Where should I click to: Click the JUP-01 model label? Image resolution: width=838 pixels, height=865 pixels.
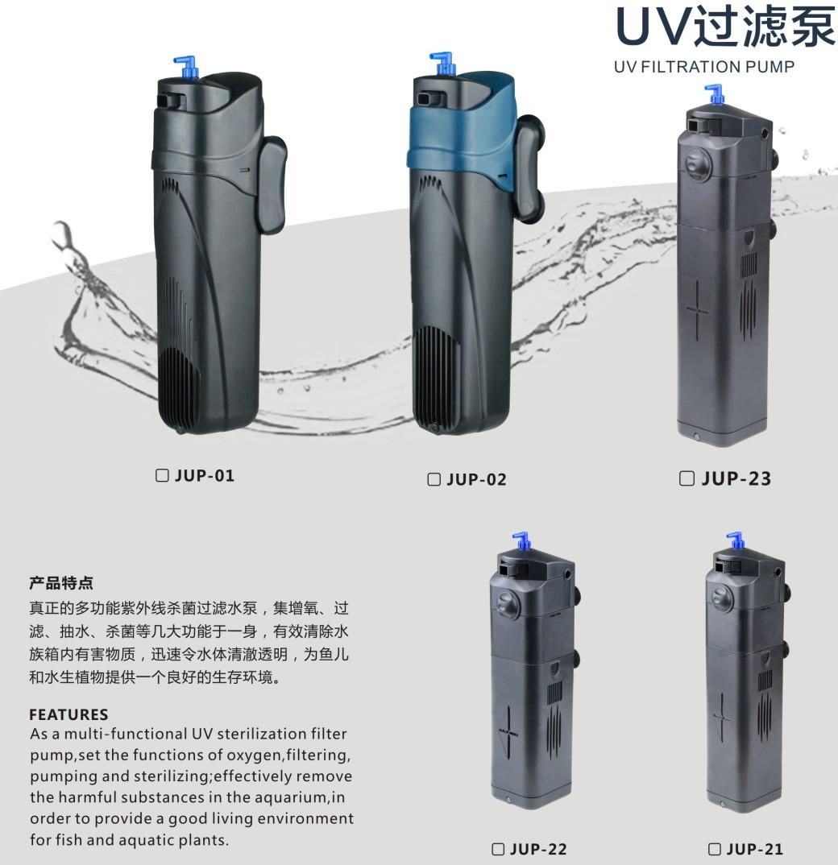pyautogui.click(x=205, y=475)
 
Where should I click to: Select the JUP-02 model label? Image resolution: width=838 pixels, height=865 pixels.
pyautogui.click(x=475, y=480)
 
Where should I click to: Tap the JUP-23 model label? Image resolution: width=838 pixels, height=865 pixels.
pyautogui.click(x=736, y=478)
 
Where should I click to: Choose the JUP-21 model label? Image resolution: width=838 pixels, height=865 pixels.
pyautogui.click(x=754, y=849)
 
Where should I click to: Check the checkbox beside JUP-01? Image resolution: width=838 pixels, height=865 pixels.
pyautogui.click(x=162, y=475)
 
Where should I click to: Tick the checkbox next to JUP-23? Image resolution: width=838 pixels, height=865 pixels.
pyautogui.click(x=687, y=478)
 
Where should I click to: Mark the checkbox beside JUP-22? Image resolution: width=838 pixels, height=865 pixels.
pyautogui.click(x=498, y=849)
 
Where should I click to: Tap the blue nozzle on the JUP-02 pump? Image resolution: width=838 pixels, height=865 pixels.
pyautogui.click(x=442, y=64)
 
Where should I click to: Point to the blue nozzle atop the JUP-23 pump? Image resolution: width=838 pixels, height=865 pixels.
pyautogui.click(x=714, y=93)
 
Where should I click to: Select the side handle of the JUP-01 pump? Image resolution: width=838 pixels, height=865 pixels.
pyautogui.click(x=273, y=185)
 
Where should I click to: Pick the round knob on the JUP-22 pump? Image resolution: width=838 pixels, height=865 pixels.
pyautogui.click(x=505, y=602)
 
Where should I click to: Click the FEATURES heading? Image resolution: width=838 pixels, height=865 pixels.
pyautogui.click(x=68, y=714)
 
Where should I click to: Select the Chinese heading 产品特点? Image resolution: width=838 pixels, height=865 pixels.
pyautogui.click(x=61, y=581)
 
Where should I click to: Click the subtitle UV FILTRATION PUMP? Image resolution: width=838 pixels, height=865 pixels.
pyautogui.click(x=703, y=67)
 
